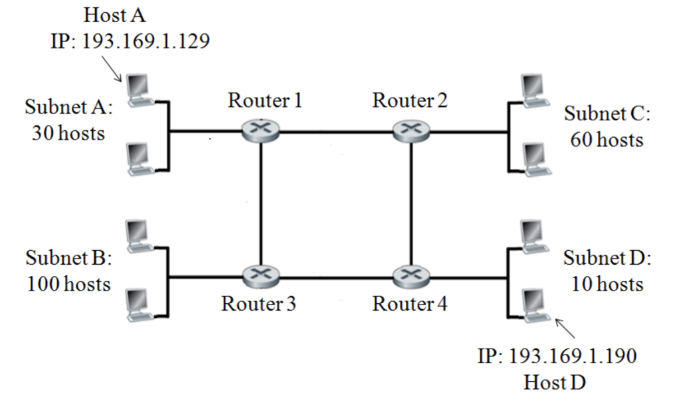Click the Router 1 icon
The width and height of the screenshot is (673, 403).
click(260, 131)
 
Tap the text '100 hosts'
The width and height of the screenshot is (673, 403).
click(68, 285)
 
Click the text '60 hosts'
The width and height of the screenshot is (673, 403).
click(607, 140)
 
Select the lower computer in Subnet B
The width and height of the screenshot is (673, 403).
click(138, 303)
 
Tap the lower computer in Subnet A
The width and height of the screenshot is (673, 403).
click(138, 159)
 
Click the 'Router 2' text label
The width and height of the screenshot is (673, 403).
click(410, 101)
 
